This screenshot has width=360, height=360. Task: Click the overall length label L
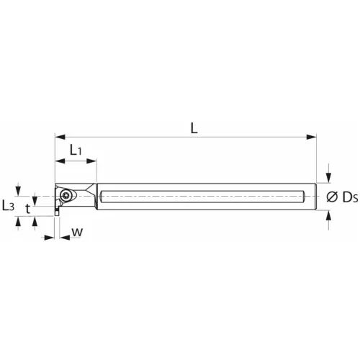point(194,127)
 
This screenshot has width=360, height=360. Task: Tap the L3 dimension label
point(9,205)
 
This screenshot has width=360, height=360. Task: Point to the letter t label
point(28,209)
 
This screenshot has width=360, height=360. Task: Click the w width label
point(77,233)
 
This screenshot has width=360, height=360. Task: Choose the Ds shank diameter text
point(349,197)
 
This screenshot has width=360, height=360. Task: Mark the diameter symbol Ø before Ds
point(333,197)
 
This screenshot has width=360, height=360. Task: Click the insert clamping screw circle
point(66,194)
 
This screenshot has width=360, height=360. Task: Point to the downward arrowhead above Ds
point(329,179)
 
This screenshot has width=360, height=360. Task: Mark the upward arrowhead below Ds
point(329,215)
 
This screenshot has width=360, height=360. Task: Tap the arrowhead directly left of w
point(50,236)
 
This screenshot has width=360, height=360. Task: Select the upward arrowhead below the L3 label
point(19,219)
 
